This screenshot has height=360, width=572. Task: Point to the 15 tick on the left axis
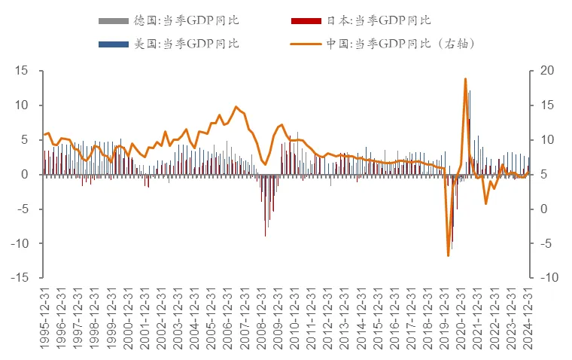click(x=22, y=71)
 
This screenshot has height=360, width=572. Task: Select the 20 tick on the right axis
click(x=546, y=71)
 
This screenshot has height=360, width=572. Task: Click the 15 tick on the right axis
click(x=546, y=105)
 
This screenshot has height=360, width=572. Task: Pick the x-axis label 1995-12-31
click(x=44, y=319)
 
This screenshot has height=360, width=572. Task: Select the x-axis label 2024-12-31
click(x=528, y=319)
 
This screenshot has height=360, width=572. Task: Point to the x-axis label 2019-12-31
click(x=445, y=319)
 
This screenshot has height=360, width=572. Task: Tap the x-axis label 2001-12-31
click(x=145, y=319)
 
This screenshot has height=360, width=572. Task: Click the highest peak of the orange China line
click(x=466, y=78)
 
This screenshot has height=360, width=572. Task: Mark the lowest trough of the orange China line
click(x=449, y=256)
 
